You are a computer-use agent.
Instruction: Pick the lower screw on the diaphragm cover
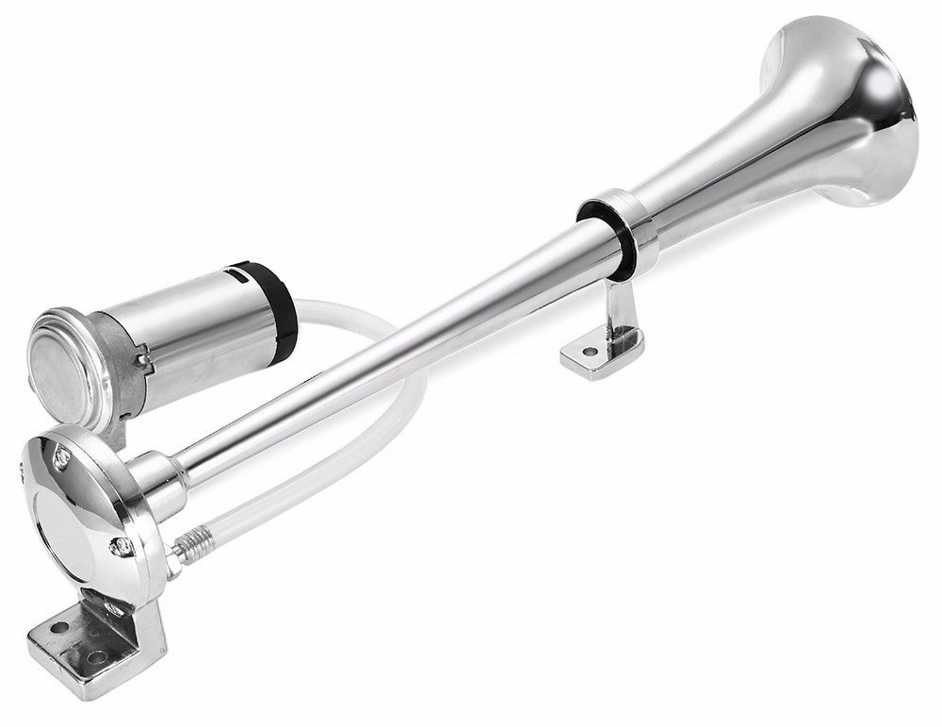click(x=120, y=544)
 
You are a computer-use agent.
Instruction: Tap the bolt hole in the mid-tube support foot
click(x=590, y=353)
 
